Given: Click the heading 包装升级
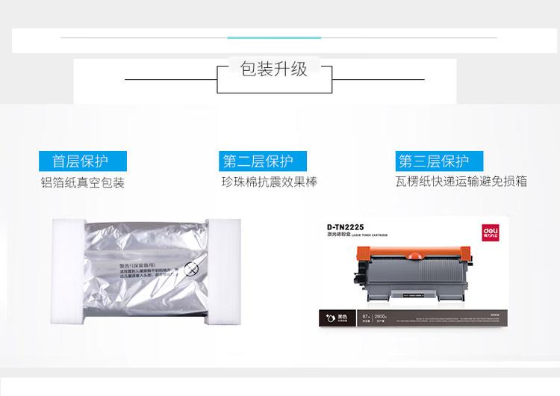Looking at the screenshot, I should (x=274, y=70).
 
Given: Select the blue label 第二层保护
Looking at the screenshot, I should (x=258, y=161).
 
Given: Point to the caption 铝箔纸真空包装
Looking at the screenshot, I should (x=83, y=182).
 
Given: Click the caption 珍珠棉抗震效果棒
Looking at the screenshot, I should (x=269, y=182).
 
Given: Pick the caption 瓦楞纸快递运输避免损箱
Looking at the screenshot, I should (x=462, y=182).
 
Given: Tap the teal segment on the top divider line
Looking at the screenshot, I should (x=274, y=37).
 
